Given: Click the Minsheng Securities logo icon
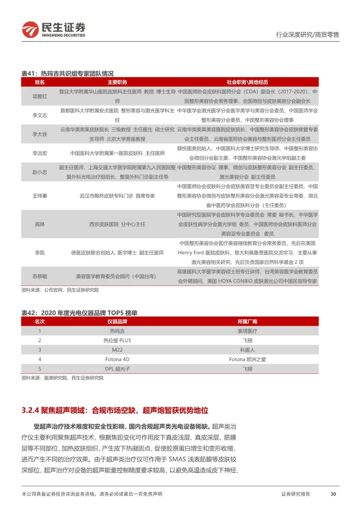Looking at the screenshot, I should pyautogui.click(x=30, y=29).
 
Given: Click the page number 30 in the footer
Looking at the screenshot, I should pyautogui.click(x=333, y=494).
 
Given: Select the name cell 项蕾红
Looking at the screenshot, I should pyautogui.click(x=40, y=96).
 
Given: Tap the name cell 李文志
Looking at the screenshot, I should pyautogui.click(x=40, y=116).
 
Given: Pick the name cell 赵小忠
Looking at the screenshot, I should pyautogui.click(x=40, y=172).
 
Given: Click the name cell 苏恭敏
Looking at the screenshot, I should pyautogui.click(x=40, y=276).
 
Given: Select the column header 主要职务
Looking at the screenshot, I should pyautogui.click(x=117, y=82).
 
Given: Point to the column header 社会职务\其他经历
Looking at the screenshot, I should pyautogui.click(x=247, y=82).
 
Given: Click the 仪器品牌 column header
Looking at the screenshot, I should pyautogui.click(x=117, y=321).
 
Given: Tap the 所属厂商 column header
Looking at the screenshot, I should pyautogui.click(x=247, y=321).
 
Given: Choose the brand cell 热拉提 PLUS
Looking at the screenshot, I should pyautogui.click(x=117, y=341).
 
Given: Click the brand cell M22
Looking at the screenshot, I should pyautogui.click(x=117, y=350).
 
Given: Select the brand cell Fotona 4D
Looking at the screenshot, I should pyautogui.click(x=117, y=359).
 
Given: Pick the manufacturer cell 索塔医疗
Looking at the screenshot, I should pyautogui.click(x=247, y=331).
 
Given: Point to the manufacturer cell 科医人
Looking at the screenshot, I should pyautogui.click(x=247, y=350).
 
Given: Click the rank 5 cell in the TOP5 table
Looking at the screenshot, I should pyautogui.click(x=40, y=369).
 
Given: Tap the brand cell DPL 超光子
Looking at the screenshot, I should pyautogui.click(x=117, y=369).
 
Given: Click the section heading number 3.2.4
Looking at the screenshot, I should pyautogui.click(x=30, y=410).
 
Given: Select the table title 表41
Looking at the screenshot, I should pyautogui.click(x=29, y=74).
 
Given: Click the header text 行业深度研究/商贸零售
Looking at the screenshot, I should pyautogui.click(x=307, y=34).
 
